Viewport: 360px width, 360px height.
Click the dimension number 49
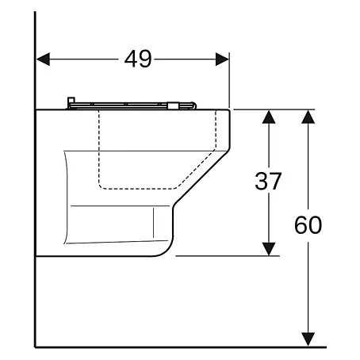pos(138,59)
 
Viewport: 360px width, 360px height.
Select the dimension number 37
pos(268,182)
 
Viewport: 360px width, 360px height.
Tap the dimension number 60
pos(308,225)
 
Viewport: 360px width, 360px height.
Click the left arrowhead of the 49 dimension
pos(43,59)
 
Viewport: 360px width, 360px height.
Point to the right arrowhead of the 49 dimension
pos(222,59)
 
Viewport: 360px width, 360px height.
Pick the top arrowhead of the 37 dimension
pos(269,117)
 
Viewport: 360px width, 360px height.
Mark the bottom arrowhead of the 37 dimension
pos(269,249)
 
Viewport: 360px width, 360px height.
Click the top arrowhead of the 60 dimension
pos(308,117)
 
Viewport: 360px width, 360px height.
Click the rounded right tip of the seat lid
pos(194,105)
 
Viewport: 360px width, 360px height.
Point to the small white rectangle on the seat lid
pos(171,105)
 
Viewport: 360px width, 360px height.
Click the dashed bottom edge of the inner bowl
pos(138,189)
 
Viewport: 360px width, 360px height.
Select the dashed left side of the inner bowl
pos(99,148)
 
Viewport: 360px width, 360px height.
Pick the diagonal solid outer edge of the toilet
pos(201,178)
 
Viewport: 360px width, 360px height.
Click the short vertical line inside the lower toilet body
pos(153,223)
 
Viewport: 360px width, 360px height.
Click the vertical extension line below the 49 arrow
pos(229,80)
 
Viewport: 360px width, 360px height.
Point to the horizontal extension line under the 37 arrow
pos(228,256)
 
